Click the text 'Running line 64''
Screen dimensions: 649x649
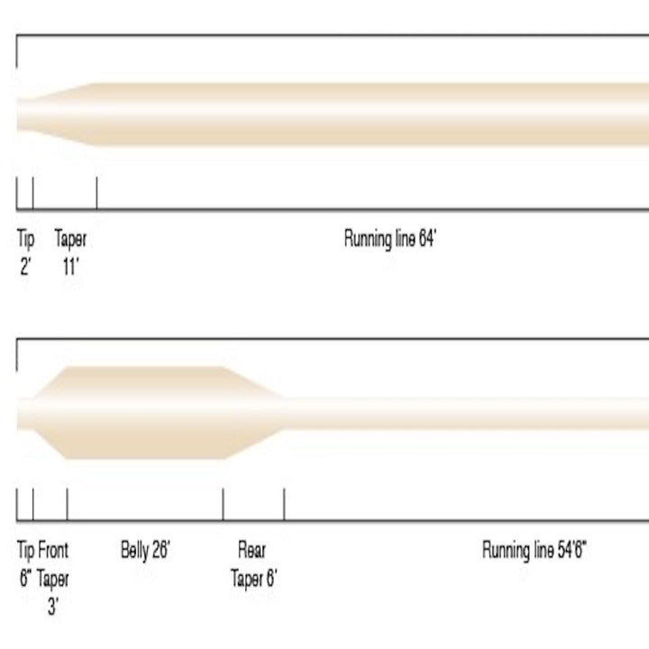[390, 239]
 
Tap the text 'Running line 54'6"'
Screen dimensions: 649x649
[535, 551]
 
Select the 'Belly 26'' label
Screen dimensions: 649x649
[145, 551]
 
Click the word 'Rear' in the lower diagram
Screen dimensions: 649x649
[251, 550]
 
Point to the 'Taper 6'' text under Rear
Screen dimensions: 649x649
[253, 578]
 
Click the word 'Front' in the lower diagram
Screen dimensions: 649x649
[53, 550]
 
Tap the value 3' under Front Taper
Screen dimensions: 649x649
[53, 607]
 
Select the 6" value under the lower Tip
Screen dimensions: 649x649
[25, 578]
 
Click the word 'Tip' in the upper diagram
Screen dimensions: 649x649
[25, 240]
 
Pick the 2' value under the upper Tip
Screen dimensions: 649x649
[25, 267]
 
